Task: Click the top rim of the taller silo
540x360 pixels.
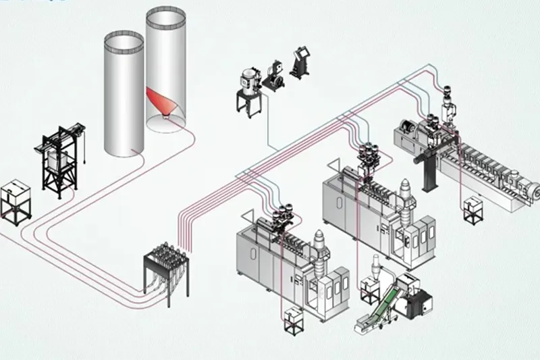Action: [166, 12]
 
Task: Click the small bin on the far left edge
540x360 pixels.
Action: [14, 199]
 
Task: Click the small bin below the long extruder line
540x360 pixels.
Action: [470, 207]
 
